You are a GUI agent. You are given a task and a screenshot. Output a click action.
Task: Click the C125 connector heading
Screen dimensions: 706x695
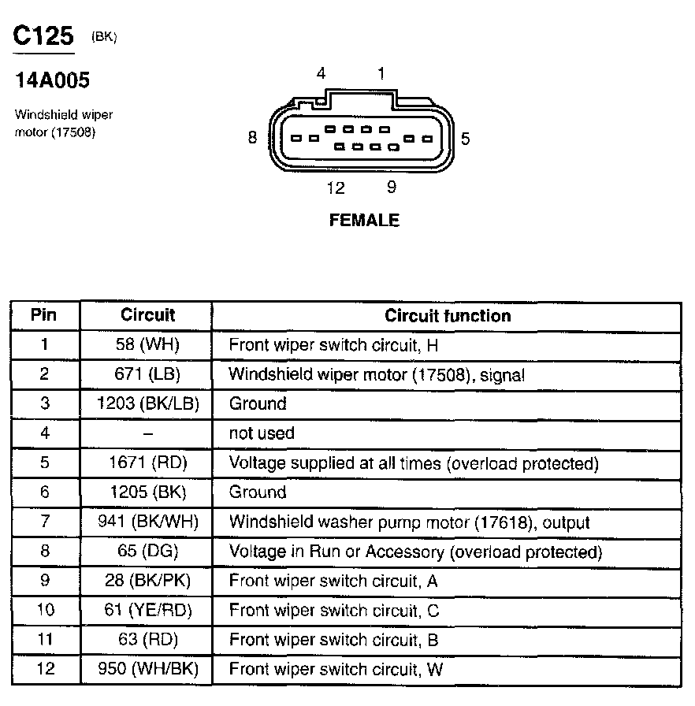[x=44, y=36]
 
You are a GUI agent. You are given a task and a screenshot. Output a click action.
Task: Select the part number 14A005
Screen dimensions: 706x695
[x=52, y=80]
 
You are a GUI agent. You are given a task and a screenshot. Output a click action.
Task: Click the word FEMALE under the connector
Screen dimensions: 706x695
[x=364, y=221]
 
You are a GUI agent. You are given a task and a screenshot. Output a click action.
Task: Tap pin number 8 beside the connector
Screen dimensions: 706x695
[x=252, y=138]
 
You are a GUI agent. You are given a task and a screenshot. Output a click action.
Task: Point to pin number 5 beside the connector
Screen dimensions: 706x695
[x=466, y=139]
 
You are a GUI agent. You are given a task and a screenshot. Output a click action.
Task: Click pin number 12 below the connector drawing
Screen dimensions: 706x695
[x=336, y=188]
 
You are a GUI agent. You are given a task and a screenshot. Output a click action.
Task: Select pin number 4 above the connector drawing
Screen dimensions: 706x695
[x=321, y=74]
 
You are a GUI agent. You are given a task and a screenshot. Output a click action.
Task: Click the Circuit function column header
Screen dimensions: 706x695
[x=448, y=316]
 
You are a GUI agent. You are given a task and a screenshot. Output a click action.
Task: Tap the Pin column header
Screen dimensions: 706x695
[x=44, y=315]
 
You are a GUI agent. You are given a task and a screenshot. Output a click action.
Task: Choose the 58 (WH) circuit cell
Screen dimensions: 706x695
[x=147, y=344]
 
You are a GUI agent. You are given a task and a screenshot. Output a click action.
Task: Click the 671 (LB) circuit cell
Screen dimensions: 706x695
[x=147, y=374]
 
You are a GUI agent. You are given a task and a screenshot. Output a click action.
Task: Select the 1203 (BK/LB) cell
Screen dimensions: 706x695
[x=147, y=403]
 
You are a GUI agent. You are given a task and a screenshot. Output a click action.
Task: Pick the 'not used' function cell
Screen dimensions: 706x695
[x=262, y=433]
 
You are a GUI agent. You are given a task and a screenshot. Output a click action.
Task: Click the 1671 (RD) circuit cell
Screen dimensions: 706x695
[x=147, y=463]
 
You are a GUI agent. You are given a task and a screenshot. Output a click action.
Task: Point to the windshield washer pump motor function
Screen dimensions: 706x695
[x=409, y=522]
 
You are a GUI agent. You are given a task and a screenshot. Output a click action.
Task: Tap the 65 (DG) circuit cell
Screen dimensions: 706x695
[x=147, y=552]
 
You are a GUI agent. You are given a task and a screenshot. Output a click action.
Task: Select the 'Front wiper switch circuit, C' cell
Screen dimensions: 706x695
[x=334, y=611]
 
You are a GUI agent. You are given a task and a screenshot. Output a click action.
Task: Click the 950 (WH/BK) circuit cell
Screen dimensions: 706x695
[x=147, y=670]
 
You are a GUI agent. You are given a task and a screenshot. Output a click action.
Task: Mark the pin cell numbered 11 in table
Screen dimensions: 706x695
[x=44, y=640]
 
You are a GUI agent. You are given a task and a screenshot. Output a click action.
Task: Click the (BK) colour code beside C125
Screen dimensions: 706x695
[x=104, y=37]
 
